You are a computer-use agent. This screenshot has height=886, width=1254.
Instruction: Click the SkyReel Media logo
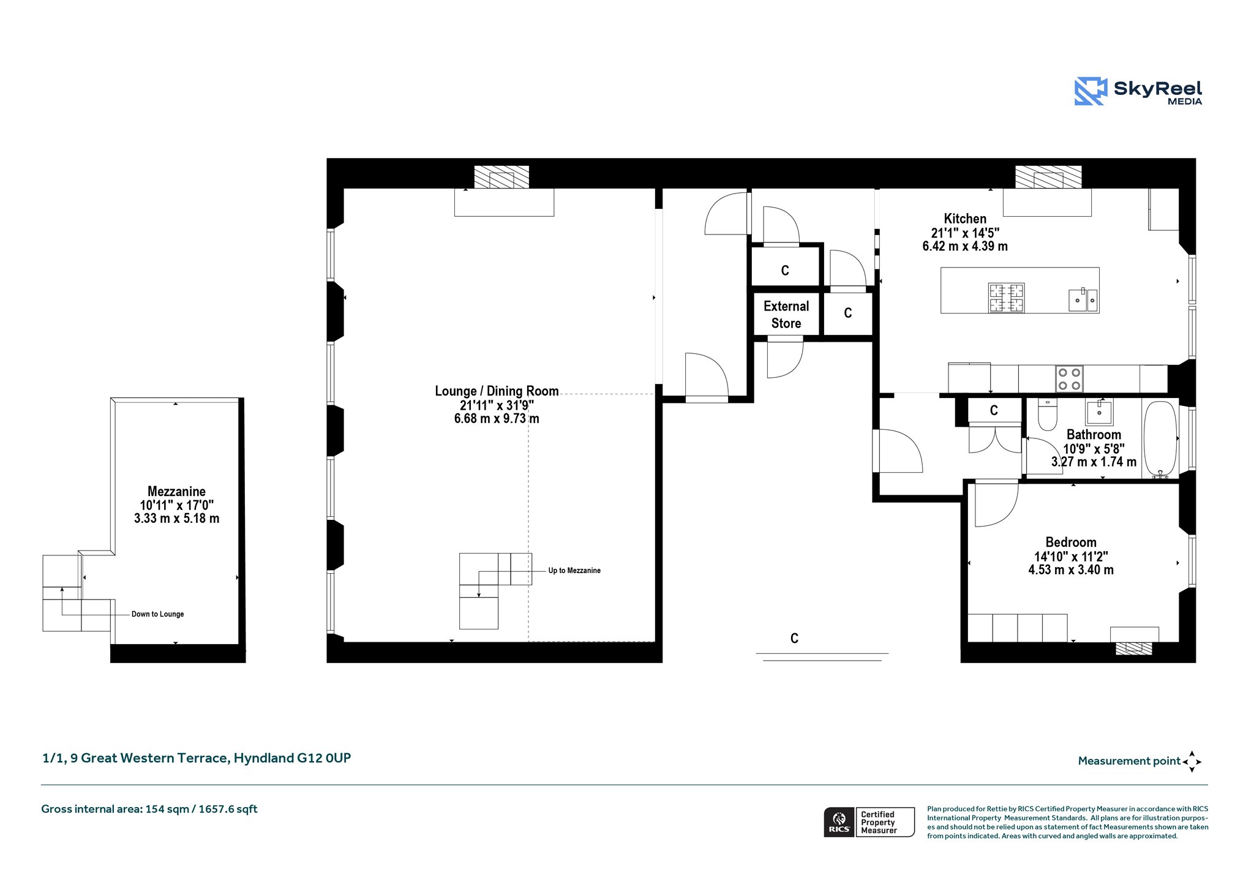pyautogui.click(x=1138, y=91)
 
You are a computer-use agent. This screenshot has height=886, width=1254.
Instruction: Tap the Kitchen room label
pyautogui.click(x=965, y=219)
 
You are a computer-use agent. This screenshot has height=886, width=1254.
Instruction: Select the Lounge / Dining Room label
pyautogui.click(x=497, y=391)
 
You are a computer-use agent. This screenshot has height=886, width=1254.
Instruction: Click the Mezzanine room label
pyautogui.click(x=176, y=492)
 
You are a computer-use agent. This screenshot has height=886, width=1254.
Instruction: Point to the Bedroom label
pyautogui.click(x=1071, y=542)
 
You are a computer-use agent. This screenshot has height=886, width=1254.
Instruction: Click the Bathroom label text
pyautogui.click(x=1094, y=435)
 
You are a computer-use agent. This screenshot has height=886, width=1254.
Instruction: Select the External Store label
pyautogui.click(x=786, y=315)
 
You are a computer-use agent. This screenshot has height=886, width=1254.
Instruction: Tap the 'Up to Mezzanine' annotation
pyautogui.click(x=574, y=571)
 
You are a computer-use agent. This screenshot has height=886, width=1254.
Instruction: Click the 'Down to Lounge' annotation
pyautogui.click(x=157, y=614)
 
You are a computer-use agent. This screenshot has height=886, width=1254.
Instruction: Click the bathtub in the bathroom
pyautogui.click(x=1160, y=438)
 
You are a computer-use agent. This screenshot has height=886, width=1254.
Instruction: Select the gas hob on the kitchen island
pyautogui.click(x=1006, y=298)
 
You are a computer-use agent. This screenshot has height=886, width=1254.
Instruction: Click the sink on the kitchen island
pyautogui.click(x=1083, y=299)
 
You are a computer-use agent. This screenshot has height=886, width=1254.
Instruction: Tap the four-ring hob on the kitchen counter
pyautogui.click(x=1069, y=379)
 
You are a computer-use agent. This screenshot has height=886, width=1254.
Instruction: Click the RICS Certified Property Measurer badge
pyautogui.click(x=869, y=822)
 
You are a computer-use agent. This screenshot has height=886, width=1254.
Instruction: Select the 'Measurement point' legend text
pyautogui.click(x=1129, y=761)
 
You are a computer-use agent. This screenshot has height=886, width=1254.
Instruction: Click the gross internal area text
pyautogui.click(x=149, y=809)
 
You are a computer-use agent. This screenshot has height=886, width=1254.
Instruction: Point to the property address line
pyautogui.click(x=197, y=758)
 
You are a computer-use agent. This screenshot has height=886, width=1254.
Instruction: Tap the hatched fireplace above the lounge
pyautogui.click(x=501, y=177)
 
